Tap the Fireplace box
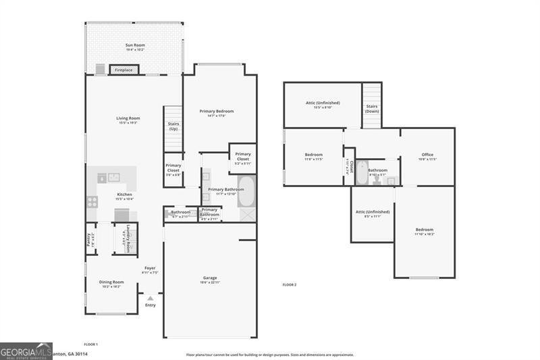tap(124, 70)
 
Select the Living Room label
tap(128, 120)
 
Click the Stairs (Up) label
tap(173, 126)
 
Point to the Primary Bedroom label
tap(217, 113)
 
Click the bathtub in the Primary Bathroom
tap(246, 192)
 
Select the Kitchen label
tap(124, 197)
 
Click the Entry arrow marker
tap(150, 298)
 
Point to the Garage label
tap(210, 280)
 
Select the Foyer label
tap(150, 270)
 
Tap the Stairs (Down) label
tap(372, 108)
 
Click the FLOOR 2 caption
tap(289, 285)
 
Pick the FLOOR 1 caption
tap(90, 345)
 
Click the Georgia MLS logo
tap(26, 351)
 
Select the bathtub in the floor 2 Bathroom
tap(361, 173)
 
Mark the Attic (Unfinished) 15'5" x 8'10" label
tap(323, 105)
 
